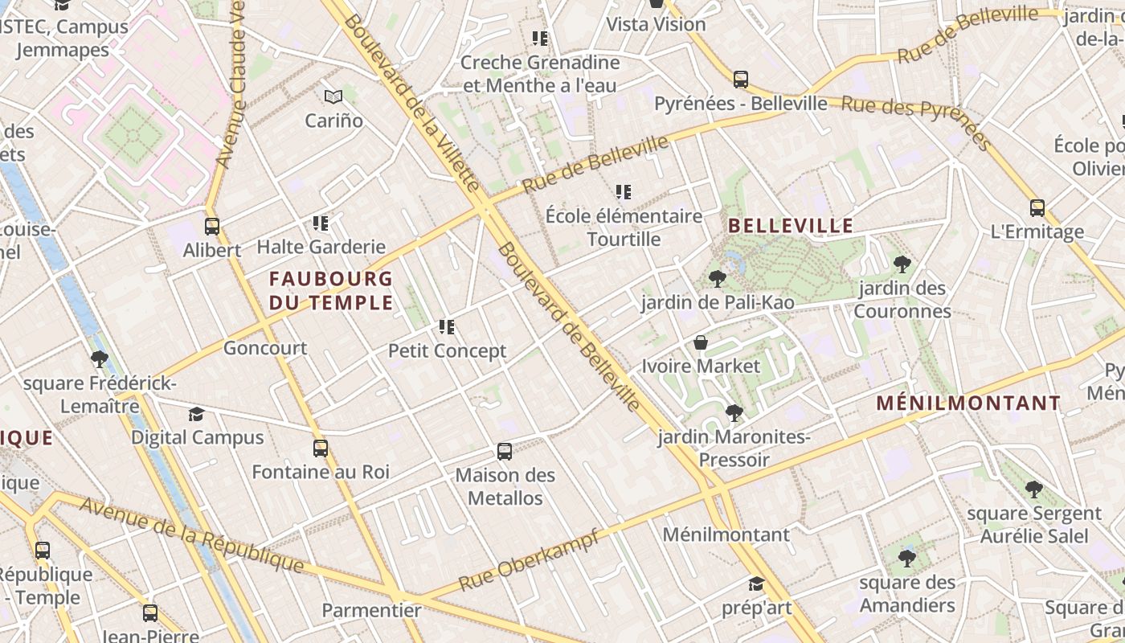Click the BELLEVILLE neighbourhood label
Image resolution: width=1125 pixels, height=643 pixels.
pyautogui.click(x=791, y=226)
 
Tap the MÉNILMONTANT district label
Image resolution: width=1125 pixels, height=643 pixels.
pyautogui.click(x=968, y=403)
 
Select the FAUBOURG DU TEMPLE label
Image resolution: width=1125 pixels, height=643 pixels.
pyautogui.click(x=331, y=291)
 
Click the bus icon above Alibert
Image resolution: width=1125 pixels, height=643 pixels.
pyautogui.click(x=212, y=227)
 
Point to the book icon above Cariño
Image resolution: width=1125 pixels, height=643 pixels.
pyautogui.click(x=333, y=97)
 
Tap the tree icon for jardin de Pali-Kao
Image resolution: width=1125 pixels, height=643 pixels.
pyautogui.click(x=718, y=279)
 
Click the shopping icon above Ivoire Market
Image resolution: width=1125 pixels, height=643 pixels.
pyautogui.click(x=701, y=343)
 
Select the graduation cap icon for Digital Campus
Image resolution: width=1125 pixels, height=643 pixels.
pyautogui.click(x=196, y=415)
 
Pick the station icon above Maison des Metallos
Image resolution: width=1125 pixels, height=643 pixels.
pyautogui.click(x=505, y=452)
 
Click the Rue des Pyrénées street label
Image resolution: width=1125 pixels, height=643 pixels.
pyautogui.click(x=916, y=122)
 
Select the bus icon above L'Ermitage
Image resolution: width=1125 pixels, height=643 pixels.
pyautogui.click(x=1037, y=209)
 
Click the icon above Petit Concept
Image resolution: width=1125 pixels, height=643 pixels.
pyautogui.click(x=448, y=327)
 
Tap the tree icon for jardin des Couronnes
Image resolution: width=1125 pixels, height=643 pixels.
pyautogui.click(x=902, y=264)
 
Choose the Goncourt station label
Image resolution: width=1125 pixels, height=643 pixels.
pyautogui.click(x=265, y=349)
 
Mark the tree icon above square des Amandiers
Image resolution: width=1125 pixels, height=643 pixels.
pyautogui.click(x=907, y=558)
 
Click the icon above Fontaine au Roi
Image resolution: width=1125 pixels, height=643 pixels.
pyautogui.click(x=321, y=448)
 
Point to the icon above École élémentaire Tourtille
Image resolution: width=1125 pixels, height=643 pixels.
pyautogui.click(x=624, y=192)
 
